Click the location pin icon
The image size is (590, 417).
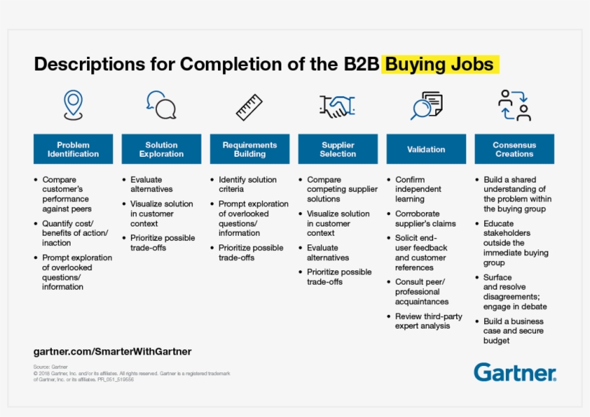[73, 105]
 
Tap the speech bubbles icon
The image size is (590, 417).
[161, 105]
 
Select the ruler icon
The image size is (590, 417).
[249, 107]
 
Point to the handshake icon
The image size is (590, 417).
[337, 106]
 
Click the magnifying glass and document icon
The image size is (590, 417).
[426, 106]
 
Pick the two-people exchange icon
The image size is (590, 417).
[514, 105]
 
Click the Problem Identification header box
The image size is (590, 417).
[73, 150]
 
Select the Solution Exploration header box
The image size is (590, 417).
[161, 150]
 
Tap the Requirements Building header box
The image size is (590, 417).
[250, 150]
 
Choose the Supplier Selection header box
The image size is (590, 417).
[338, 150]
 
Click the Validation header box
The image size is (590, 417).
[426, 150]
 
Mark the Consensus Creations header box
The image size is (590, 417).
[514, 150]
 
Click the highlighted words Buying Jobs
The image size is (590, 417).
[440, 65]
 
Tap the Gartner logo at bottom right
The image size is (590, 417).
[515, 372]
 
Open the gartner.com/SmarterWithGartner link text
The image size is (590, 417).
[112, 352]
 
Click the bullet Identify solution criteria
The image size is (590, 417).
[248, 185]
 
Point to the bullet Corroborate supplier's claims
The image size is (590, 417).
[425, 219]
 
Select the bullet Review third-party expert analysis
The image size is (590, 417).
[428, 321]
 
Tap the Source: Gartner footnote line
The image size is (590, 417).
[50, 367]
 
